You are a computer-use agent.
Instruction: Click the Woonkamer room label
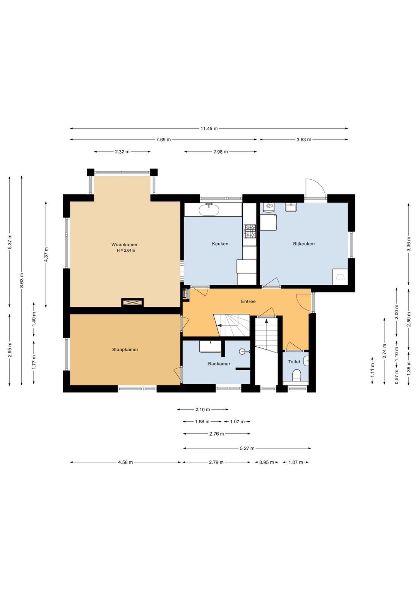coord(124,245)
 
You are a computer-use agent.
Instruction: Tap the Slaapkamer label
coord(125,350)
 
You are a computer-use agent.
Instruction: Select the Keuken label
coord(220,244)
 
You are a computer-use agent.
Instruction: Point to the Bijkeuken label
coord(304,244)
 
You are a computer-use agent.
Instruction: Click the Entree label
coord(248,301)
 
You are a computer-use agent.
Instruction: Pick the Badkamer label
coord(219,364)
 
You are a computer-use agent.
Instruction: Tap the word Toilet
coord(294,362)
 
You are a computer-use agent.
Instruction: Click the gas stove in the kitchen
coord(250,231)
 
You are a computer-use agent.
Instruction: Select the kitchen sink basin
coord(209,210)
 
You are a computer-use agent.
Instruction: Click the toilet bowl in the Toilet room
coord(297,375)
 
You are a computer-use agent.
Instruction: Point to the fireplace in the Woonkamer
coord(132,302)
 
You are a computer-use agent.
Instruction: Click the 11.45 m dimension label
coord(209,129)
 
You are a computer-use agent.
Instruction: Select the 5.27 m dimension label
coord(247,448)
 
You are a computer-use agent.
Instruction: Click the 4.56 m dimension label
coord(125,462)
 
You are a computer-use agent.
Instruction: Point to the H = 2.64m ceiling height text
coord(126,251)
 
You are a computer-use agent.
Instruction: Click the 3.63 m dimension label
coord(304,139)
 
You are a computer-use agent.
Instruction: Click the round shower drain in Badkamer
coord(242,351)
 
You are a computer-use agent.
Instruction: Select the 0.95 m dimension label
coord(267,462)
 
